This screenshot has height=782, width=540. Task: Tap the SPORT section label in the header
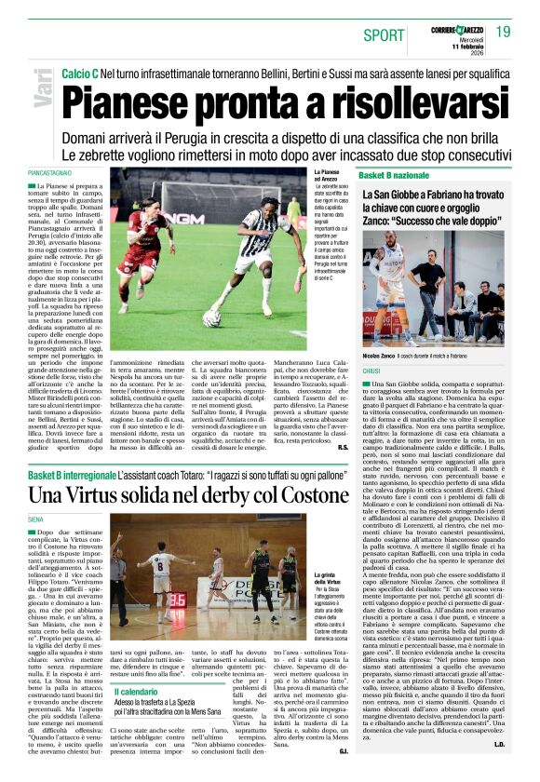[384, 35]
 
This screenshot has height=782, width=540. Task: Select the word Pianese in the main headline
[139, 96]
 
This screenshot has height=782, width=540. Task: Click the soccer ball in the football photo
[212, 317]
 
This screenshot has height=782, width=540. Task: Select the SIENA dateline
[37, 518]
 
